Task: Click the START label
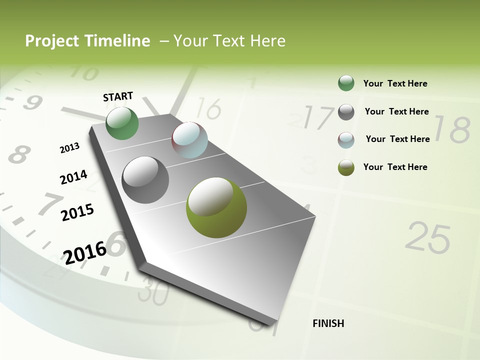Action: [118, 96]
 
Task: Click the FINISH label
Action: [328, 323]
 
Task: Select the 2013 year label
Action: [69, 148]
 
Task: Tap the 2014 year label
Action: [73, 177]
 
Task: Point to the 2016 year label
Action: [85, 252]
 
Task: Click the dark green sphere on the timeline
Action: [122, 123]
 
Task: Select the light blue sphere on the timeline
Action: [189, 140]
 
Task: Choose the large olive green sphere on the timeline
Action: [216, 207]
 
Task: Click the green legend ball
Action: [346, 83]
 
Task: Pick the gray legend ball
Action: [346, 112]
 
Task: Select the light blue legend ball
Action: [346, 140]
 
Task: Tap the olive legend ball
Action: [346, 167]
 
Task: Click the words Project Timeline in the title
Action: [87, 41]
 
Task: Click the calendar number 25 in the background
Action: [427, 238]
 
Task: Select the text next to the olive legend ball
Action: [395, 167]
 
